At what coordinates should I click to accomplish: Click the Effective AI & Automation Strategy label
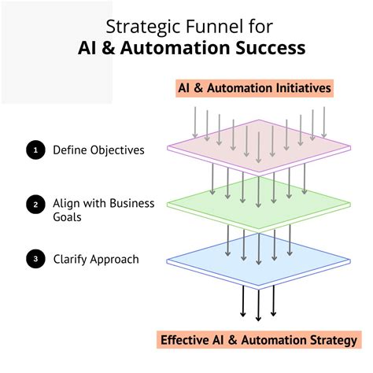[x=255, y=341]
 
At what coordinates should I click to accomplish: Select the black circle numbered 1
[x=34, y=150]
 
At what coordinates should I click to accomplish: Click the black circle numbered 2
[x=34, y=205]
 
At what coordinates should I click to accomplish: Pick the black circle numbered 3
[x=34, y=259]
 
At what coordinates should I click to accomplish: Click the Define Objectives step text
[x=98, y=150]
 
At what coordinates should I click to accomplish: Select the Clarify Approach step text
[x=96, y=259]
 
